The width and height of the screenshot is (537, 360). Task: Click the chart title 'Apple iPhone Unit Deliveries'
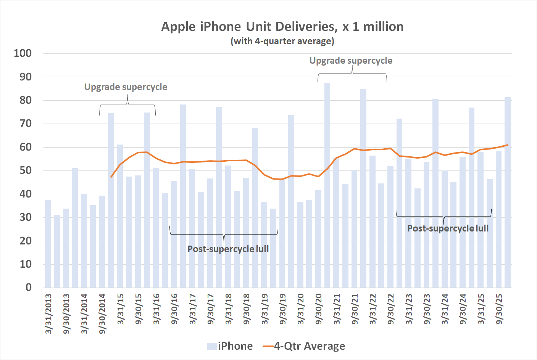point(282,27)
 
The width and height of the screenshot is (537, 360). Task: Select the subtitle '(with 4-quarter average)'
point(282,41)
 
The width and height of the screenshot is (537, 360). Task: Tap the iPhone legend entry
point(230,346)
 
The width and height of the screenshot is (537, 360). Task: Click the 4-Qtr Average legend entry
point(304,346)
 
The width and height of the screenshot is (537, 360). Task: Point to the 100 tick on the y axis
point(23,53)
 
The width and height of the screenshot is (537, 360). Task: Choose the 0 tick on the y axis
point(28,288)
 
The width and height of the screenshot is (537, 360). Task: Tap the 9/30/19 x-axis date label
point(282,309)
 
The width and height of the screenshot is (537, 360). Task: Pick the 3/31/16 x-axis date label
point(156,309)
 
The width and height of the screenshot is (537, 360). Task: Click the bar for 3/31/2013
point(48,244)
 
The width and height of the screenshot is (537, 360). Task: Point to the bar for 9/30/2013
point(66,248)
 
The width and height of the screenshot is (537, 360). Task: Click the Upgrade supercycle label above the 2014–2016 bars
point(126,87)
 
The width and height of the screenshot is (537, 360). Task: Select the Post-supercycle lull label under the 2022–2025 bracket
point(448,228)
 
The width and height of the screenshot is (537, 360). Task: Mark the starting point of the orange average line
point(111,177)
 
